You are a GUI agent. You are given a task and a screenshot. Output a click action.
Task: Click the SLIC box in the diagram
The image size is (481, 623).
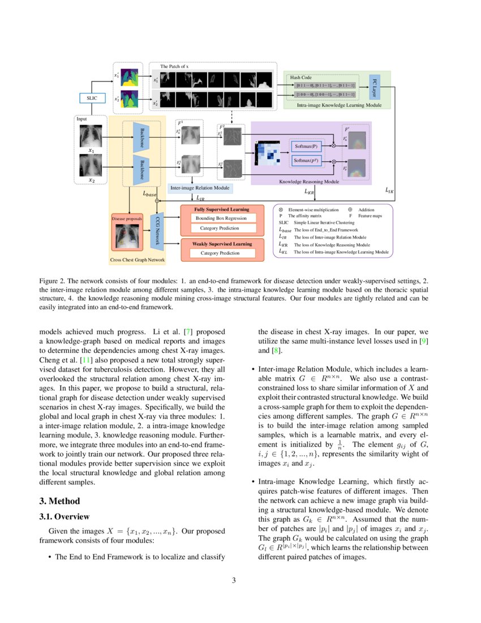(91, 98)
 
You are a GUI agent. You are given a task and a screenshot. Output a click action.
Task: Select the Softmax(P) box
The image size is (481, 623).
(306, 146)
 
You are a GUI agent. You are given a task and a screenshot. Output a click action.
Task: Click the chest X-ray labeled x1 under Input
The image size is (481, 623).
(91, 136)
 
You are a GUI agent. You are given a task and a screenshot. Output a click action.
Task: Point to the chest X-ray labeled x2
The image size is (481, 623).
(91, 165)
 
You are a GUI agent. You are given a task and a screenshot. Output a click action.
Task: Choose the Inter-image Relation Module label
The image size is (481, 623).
(200, 187)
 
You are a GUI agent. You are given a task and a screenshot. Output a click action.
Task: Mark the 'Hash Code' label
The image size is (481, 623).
(300, 77)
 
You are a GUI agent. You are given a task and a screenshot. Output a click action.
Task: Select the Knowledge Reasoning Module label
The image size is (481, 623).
(309, 182)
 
